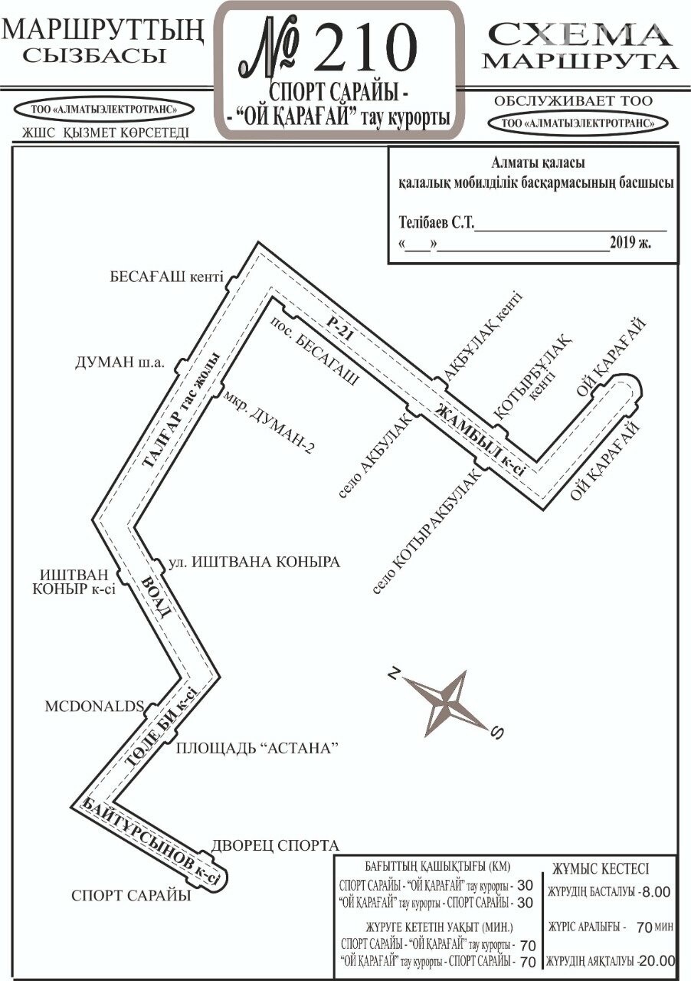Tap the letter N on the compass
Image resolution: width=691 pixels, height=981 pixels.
pos(395,673)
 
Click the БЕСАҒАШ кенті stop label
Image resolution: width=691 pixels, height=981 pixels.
pos(166,277)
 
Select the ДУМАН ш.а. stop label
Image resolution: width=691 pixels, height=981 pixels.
pos(120,363)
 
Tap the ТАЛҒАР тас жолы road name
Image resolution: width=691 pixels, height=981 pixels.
pos(181,409)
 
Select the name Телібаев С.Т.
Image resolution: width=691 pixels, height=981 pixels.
pos(437,222)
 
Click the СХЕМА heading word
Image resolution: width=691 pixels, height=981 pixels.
pos(578,35)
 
